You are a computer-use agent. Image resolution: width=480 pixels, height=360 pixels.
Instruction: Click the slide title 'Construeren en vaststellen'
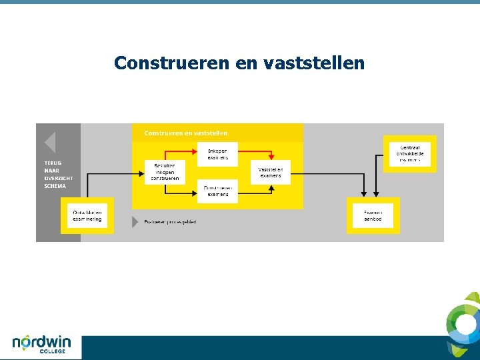239,63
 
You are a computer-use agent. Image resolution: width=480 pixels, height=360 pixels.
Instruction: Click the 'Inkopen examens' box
217,154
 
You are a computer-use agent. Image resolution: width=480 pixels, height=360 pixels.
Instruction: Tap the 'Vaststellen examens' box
271,172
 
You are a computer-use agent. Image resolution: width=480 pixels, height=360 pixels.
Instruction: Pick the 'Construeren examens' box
217,191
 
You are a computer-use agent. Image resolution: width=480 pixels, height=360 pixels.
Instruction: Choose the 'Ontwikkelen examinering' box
87,215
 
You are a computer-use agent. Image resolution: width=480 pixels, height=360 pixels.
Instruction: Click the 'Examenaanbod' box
373,215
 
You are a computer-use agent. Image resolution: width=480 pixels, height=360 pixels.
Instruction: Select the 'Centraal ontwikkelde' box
410,154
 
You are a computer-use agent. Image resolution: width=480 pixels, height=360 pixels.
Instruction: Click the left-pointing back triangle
49,143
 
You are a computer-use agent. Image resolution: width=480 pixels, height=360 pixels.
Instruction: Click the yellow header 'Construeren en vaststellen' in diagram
186,133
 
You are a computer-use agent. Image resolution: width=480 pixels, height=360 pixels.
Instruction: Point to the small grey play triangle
135,222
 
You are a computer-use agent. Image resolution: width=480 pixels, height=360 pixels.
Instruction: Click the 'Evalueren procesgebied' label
171,222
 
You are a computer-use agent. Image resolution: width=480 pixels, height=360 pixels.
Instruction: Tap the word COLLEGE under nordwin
53,351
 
